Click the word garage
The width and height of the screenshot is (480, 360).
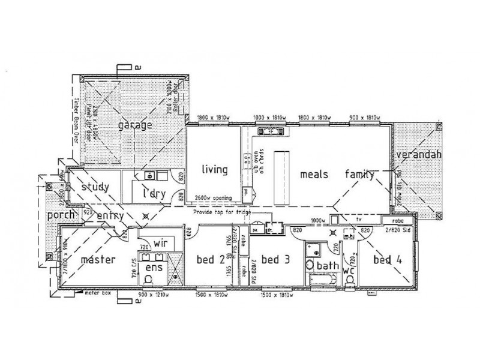pyautogui.click(x=135, y=125)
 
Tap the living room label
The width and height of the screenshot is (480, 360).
pyautogui.click(x=214, y=170)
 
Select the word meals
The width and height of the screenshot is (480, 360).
pyautogui.click(x=314, y=175)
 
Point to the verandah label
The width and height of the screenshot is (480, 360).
pyautogui.click(x=419, y=155)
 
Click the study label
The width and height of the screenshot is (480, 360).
pyautogui.click(x=95, y=187)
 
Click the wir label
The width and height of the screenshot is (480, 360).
pyautogui.click(x=160, y=243)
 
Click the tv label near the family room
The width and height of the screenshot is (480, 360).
pyautogui.click(x=359, y=220)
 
